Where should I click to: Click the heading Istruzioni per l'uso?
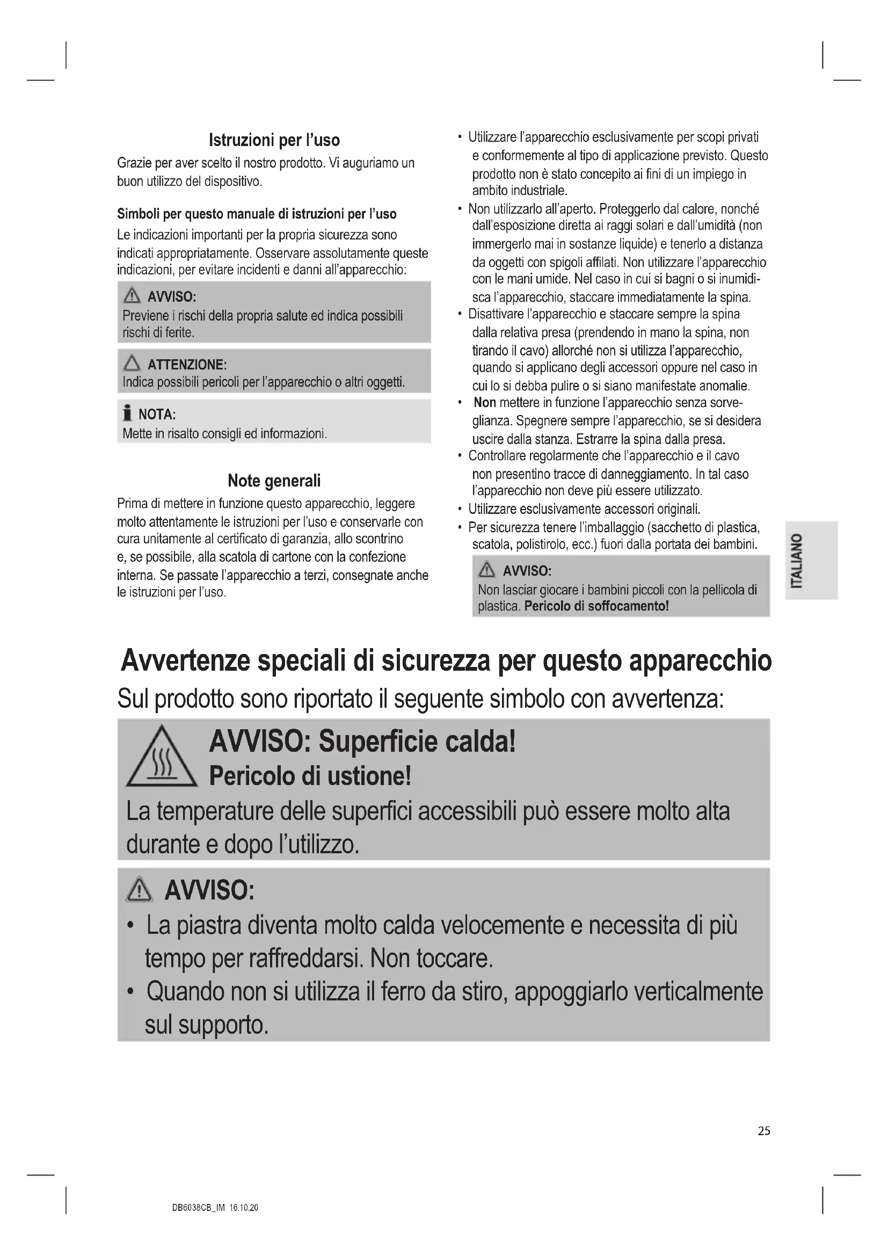click(x=274, y=141)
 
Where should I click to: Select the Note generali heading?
click(x=274, y=481)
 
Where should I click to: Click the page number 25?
click(x=764, y=1131)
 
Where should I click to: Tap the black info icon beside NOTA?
click(x=127, y=413)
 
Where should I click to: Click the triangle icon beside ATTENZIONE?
click(x=132, y=363)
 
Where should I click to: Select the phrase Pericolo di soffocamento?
click(x=596, y=606)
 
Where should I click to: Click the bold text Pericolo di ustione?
click(x=310, y=776)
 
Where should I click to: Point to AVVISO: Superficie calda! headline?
click(x=362, y=742)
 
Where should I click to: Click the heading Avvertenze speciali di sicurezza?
click(x=446, y=661)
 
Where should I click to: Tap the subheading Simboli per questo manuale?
click(x=257, y=214)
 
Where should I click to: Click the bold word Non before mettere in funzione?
click(x=484, y=403)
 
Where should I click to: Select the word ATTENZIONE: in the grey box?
click(x=187, y=365)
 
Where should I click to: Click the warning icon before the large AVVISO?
click(x=140, y=890)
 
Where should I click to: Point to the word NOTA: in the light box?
click(x=157, y=414)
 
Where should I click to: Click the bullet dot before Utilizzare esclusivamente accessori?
click(x=460, y=510)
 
